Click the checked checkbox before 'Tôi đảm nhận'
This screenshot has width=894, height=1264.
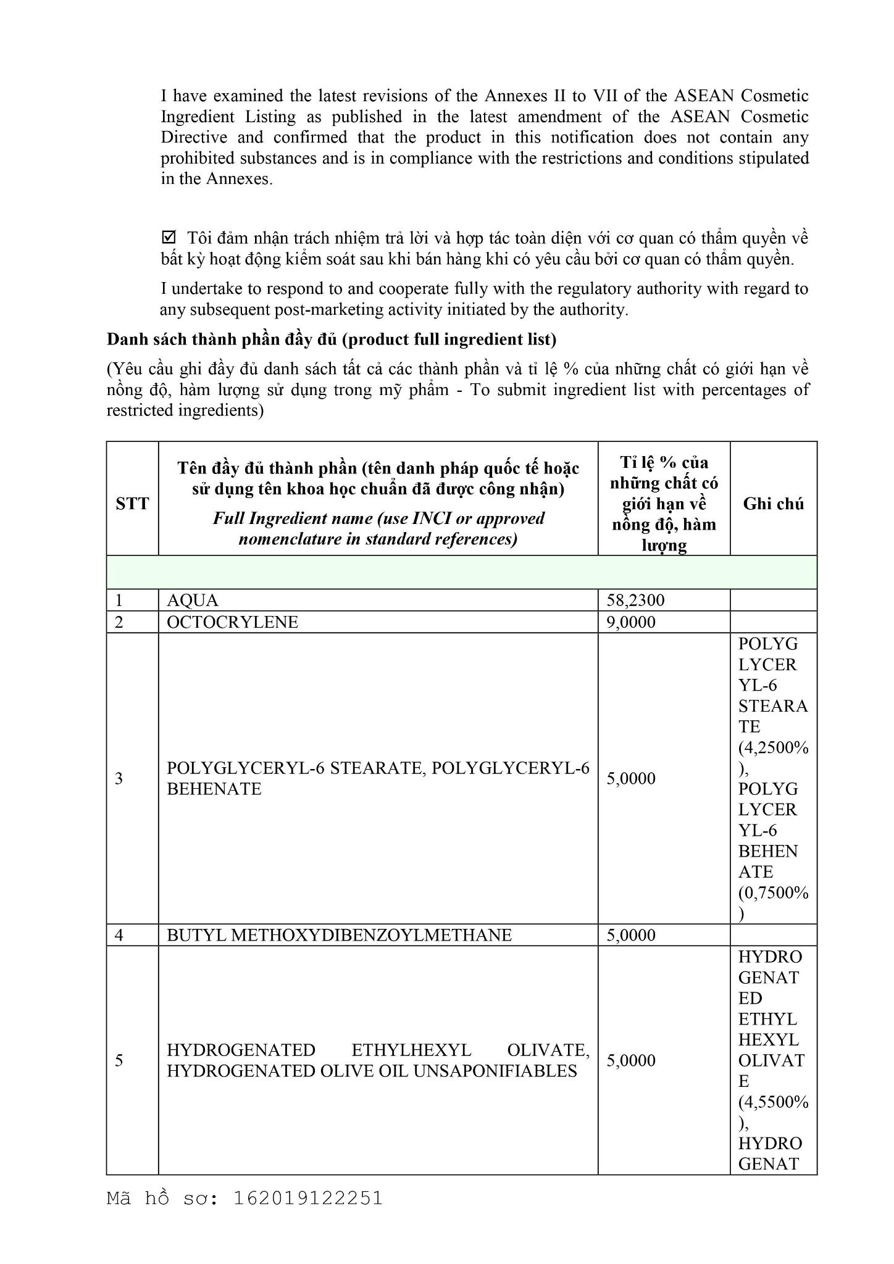pos(168,238)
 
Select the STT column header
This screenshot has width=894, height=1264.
pos(132,504)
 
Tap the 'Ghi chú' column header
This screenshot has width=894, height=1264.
pos(773,504)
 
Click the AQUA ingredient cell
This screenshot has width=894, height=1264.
pos(193,601)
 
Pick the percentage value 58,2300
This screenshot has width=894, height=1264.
pos(635,601)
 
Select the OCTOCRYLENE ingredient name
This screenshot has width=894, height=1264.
pos(232,622)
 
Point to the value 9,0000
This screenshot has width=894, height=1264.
pos(630,622)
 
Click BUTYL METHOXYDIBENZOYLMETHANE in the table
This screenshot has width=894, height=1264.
pos(339,935)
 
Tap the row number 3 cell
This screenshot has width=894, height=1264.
pos(119,778)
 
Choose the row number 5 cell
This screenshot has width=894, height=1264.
pos(119,1060)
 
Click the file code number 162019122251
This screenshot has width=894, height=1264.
pos(308,1198)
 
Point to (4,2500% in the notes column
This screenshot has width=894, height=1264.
pos(773,748)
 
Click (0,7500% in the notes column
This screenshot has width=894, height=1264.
pos(773,893)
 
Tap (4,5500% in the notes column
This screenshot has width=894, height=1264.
pos(773,1102)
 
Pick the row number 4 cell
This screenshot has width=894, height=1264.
pos(119,935)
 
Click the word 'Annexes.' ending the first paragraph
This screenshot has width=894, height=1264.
pos(239,179)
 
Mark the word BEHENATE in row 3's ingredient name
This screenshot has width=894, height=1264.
pos(214,789)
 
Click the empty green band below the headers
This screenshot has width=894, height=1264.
pos(462,572)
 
